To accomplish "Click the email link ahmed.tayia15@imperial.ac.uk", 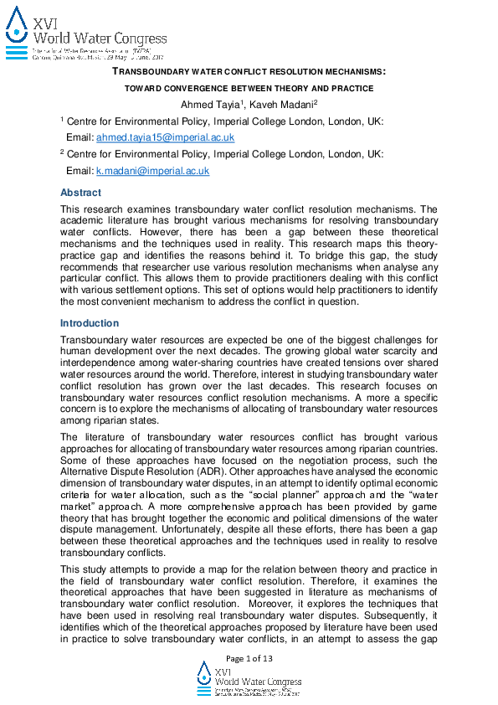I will point(165,136).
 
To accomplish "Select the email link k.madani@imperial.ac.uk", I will point(152,170).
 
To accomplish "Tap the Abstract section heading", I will point(80,193).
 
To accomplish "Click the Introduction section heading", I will point(89,323).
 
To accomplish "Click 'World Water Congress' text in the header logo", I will point(98,39).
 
